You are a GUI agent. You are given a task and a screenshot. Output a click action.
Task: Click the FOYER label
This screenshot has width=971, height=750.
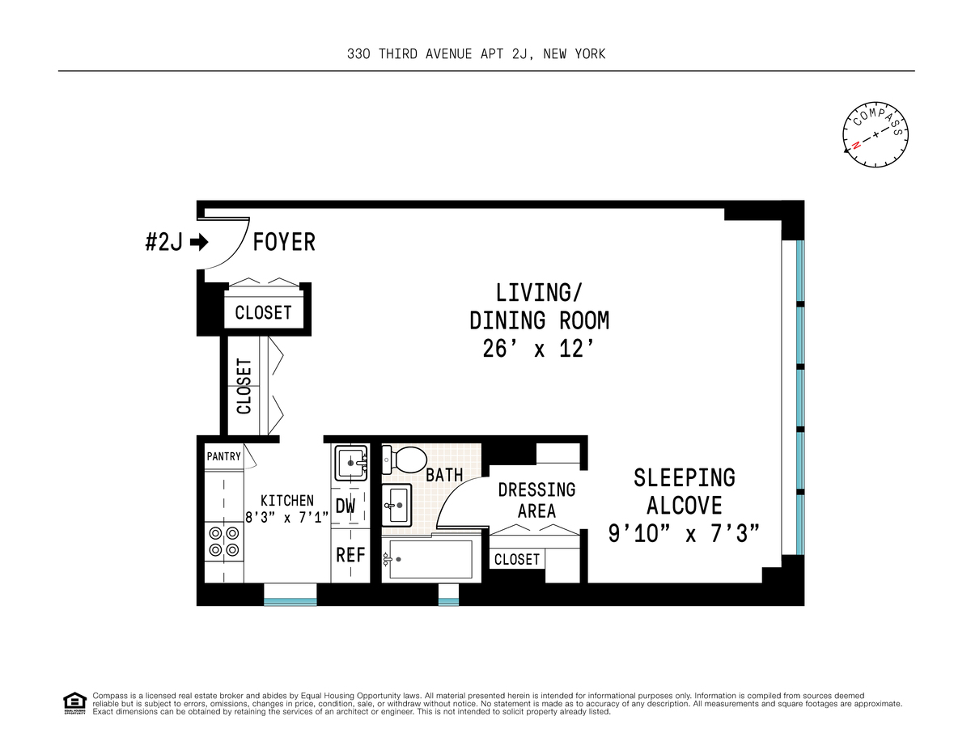[x=284, y=242]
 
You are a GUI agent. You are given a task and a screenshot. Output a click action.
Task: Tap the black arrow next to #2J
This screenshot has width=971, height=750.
[x=199, y=242]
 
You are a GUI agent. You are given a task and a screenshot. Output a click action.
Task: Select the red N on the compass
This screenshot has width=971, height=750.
[x=856, y=145]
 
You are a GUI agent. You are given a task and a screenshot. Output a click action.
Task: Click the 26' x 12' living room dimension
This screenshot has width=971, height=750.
[x=539, y=349]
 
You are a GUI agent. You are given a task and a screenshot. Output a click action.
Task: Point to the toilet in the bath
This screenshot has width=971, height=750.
[x=405, y=460]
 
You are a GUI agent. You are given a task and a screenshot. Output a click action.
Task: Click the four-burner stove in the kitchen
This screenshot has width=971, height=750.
[x=224, y=541]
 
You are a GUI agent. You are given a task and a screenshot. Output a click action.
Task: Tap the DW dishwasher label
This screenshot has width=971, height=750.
[x=345, y=506]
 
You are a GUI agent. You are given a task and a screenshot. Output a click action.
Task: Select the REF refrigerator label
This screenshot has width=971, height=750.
[x=350, y=555]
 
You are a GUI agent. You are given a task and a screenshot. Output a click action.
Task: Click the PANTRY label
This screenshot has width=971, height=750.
[x=224, y=456]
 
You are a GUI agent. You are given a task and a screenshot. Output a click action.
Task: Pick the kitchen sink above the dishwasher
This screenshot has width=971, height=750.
[x=351, y=462]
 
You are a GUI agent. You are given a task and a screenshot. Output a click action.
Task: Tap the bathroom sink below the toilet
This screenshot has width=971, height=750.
[x=396, y=505]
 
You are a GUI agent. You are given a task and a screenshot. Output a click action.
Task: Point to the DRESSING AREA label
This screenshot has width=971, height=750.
[x=536, y=500]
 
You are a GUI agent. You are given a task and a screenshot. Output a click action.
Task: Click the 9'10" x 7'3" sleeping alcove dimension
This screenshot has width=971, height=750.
[x=684, y=534]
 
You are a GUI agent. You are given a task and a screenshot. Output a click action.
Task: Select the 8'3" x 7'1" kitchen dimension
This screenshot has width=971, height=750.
[x=287, y=517]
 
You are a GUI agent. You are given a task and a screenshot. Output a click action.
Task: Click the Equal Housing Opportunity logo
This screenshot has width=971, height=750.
[x=74, y=704]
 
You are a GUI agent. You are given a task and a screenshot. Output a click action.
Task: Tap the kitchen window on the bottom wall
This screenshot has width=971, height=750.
[x=290, y=594]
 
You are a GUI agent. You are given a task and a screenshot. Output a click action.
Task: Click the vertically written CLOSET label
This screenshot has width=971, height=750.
[x=244, y=387]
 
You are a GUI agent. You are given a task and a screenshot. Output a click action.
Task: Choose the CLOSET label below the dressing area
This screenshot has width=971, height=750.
[x=517, y=559]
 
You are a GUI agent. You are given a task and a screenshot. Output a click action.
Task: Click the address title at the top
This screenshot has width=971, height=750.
[x=477, y=54]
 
